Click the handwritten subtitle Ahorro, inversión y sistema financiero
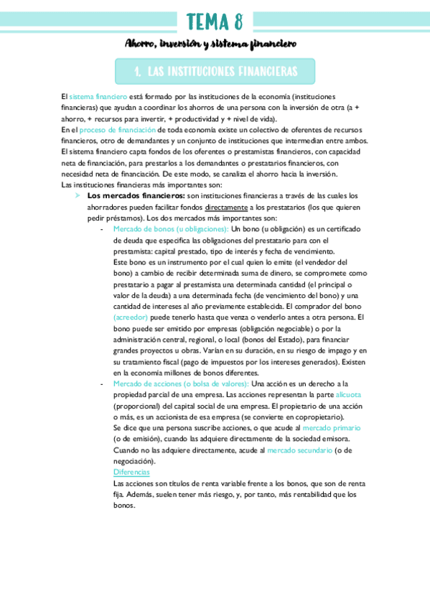tap(211, 45)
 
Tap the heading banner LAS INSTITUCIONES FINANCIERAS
tap(215, 72)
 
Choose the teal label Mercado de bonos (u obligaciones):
tap(171, 229)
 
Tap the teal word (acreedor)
tap(131, 317)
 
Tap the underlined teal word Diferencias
tap(131, 472)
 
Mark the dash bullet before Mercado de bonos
tap(104, 229)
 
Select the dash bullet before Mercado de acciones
tap(104, 384)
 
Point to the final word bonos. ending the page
tap(124, 505)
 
